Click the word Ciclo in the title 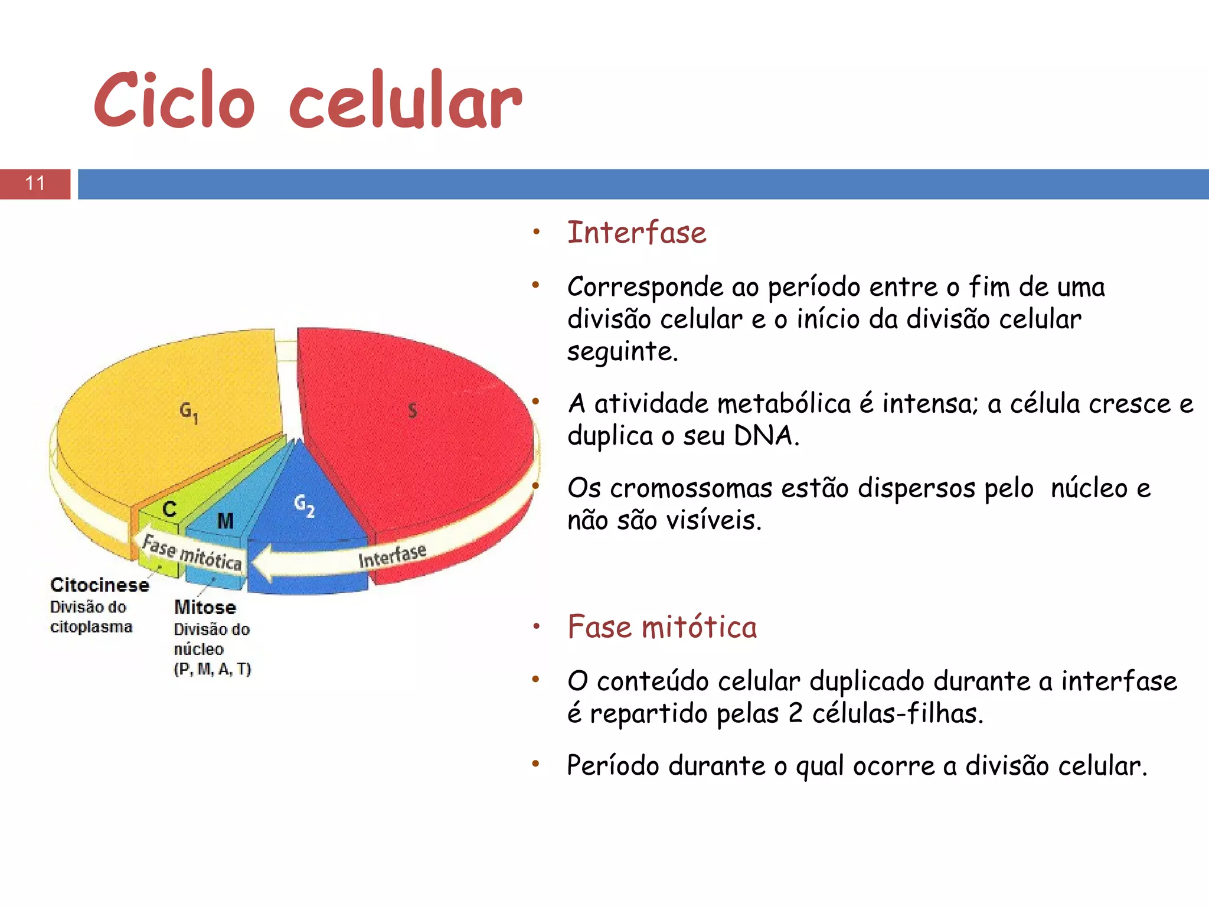(x=174, y=100)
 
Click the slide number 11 (x=35, y=184)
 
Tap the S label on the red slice (x=413, y=410)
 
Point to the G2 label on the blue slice (x=305, y=505)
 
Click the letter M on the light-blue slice (x=226, y=521)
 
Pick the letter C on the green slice (x=169, y=509)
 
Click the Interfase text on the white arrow (x=392, y=556)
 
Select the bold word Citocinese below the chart (x=100, y=585)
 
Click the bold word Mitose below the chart (x=205, y=607)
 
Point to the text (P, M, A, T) (x=213, y=669)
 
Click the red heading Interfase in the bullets (x=636, y=232)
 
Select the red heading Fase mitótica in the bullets (x=662, y=627)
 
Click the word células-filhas (x=897, y=713)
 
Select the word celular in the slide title (x=406, y=100)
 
